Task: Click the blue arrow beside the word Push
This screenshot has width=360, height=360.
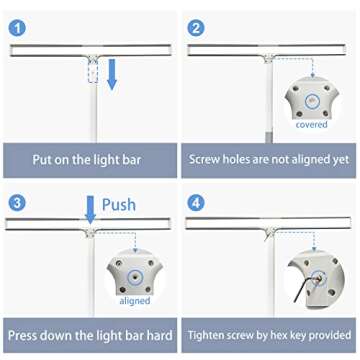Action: (x=90, y=208)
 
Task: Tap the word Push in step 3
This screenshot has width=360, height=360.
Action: (x=118, y=204)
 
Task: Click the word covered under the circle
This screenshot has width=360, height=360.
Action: (x=312, y=125)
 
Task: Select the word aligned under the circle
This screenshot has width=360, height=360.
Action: (x=134, y=300)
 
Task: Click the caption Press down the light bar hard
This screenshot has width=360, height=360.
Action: (x=90, y=335)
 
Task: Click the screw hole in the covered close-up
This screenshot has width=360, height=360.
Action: (x=311, y=100)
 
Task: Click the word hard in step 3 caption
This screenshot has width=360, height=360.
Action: (x=156, y=335)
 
